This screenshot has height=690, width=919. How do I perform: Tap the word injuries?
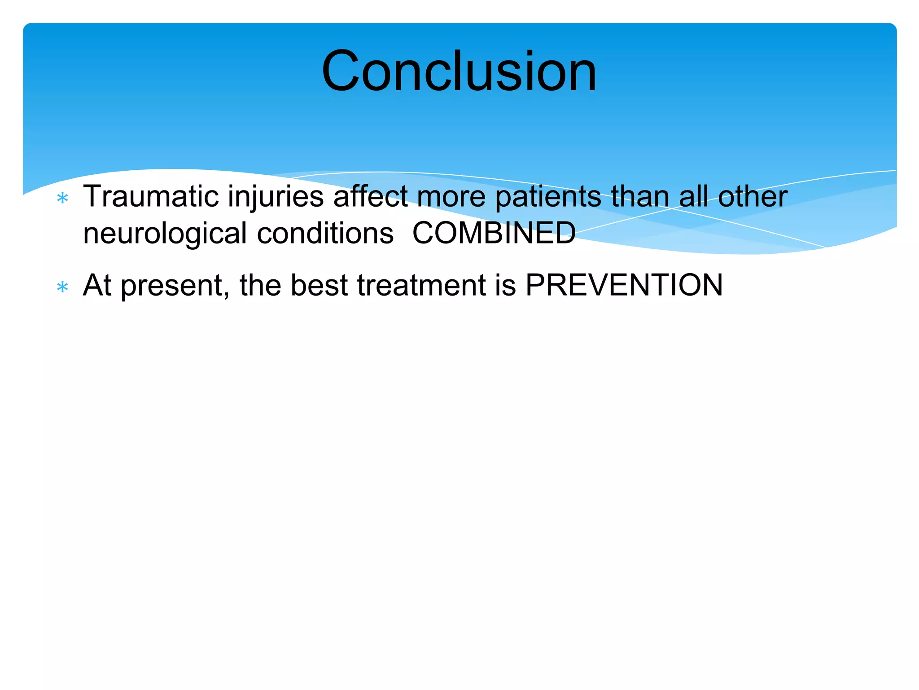tap(276, 197)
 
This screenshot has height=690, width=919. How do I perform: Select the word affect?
tap(371, 197)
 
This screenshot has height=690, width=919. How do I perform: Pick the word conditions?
tap(325, 234)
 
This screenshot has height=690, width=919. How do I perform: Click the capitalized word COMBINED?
tap(494, 234)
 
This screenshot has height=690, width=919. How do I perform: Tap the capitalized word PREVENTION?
tap(624, 285)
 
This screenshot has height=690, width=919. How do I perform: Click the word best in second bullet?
tap(319, 285)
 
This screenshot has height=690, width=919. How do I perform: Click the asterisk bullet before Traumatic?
tap(63, 198)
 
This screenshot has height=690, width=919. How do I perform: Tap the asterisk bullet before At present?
tap(63, 287)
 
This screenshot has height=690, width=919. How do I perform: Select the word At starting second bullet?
tap(97, 285)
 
